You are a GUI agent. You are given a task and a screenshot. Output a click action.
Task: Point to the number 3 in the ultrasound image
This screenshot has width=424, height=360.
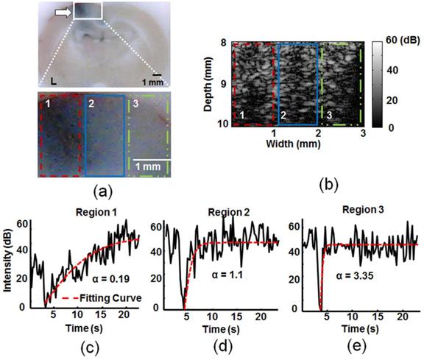click(x=328, y=117)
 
